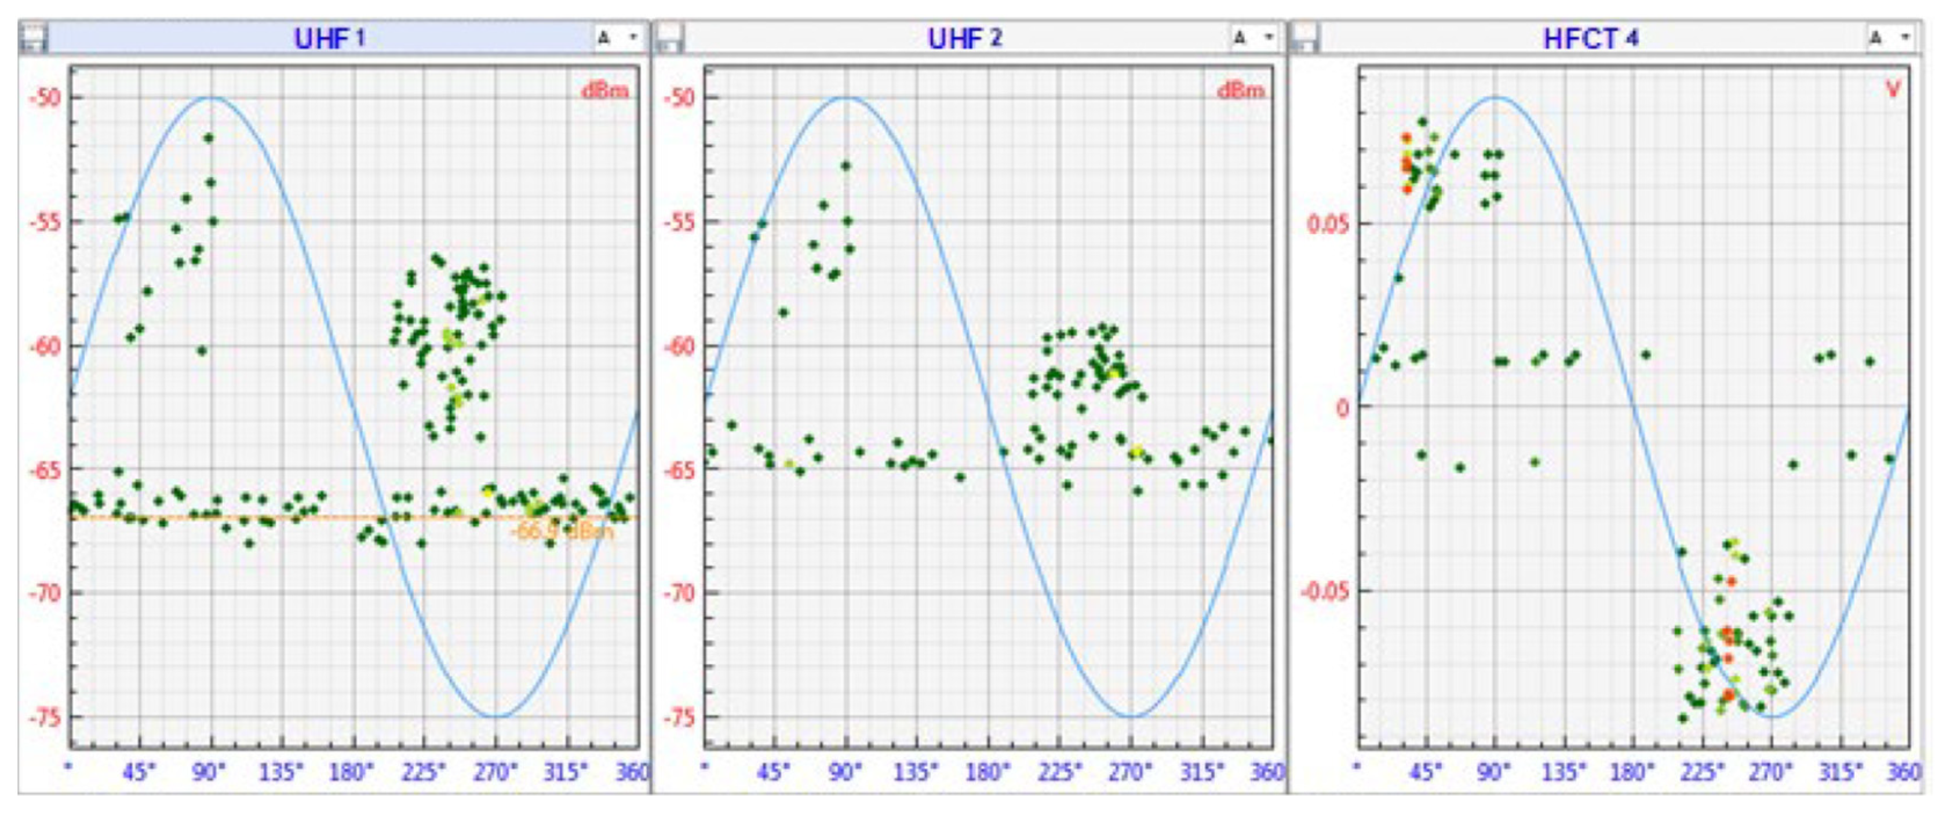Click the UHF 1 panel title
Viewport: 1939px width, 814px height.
tap(329, 38)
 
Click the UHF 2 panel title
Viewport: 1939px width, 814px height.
tap(964, 38)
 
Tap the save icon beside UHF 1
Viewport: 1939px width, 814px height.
tap(33, 38)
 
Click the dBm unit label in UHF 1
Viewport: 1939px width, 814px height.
tap(604, 91)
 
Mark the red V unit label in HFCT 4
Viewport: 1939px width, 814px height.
tap(1891, 90)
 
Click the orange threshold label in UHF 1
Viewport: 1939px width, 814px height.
tap(562, 531)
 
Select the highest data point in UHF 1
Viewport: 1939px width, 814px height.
tap(209, 138)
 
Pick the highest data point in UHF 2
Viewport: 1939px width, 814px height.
tap(845, 166)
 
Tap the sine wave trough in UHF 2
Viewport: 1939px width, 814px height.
tap(1131, 716)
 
